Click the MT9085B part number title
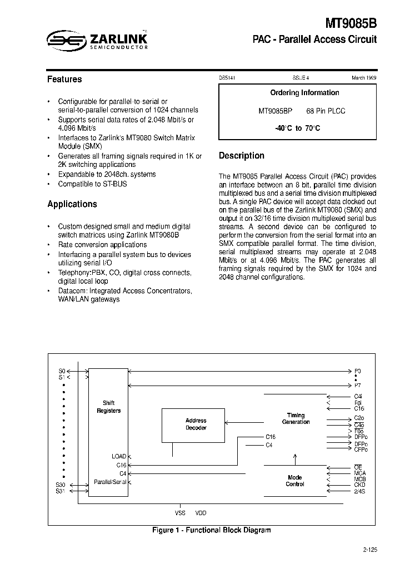351,23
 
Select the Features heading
64,80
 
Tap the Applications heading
72,204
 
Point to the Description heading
242,156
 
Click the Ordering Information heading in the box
304,93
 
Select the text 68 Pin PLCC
326,111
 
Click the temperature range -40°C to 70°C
297,129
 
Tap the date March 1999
364,78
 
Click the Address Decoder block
196,424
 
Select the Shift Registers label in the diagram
108,407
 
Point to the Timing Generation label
296,418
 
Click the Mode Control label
295,481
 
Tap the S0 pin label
62,371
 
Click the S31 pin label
61,491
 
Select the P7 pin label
357,386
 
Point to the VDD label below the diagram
200,513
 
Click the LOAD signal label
119,456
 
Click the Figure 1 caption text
211,530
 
